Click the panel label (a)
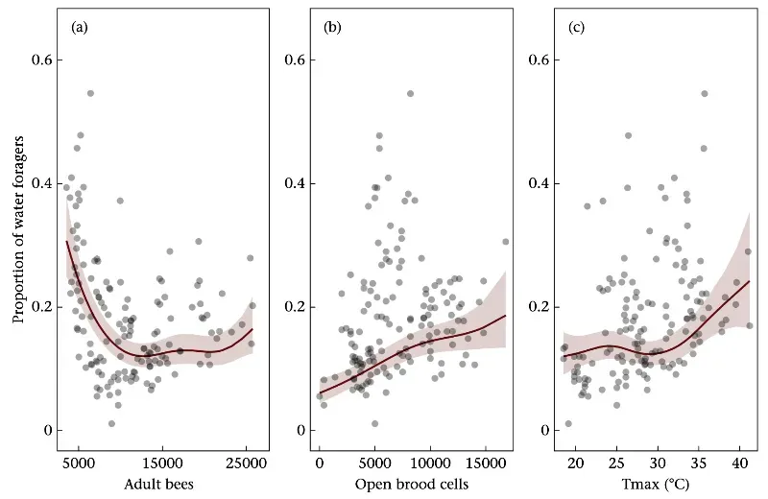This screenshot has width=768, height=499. [x=80, y=27]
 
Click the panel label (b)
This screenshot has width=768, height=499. [x=333, y=27]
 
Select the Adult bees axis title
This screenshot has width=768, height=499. [x=158, y=484]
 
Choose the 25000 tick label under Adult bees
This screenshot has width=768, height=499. [x=247, y=463]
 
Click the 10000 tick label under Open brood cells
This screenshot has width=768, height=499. [x=430, y=463]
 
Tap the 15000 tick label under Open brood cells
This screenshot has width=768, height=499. [x=486, y=463]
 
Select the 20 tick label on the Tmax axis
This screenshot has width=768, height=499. [x=576, y=463]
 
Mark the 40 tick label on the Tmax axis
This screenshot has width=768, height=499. [x=740, y=463]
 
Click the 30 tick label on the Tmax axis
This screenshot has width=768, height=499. [x=659, y=463]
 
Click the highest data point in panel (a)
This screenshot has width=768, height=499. [x=90, y=93]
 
